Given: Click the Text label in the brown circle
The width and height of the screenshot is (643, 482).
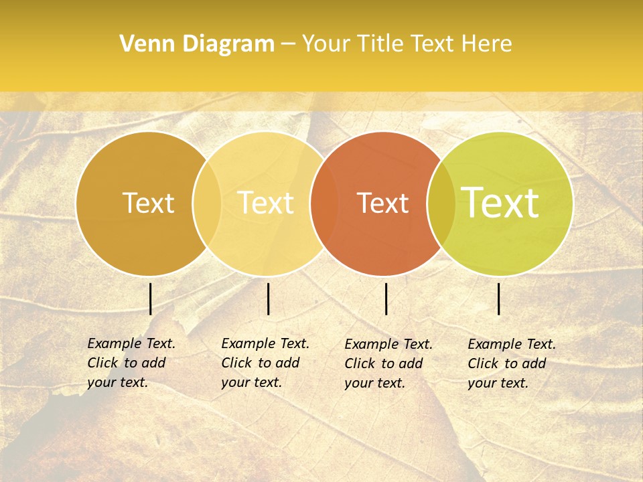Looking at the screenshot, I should [x=148, y=203].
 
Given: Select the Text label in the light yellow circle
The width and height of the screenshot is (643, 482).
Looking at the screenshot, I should [x=266, y=203].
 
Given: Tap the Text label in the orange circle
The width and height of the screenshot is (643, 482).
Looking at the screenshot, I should [x=383, y=203].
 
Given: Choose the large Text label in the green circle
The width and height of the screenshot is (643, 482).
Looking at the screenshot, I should [x=500, y=203].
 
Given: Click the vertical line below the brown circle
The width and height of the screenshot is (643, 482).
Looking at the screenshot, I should [x=151, y=299].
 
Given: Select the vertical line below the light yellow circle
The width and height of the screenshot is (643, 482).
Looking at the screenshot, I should [x=268, y=299].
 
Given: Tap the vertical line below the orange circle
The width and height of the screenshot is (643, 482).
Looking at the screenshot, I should [x=386, y=299].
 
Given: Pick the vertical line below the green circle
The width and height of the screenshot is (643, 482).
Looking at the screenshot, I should [x=499, y=299].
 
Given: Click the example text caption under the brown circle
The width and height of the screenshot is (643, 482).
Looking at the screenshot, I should [x=131, y=363].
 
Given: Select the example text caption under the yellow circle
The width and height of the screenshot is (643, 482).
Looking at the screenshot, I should [x=265, y=363].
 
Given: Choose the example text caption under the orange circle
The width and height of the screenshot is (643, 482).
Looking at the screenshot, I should [x=388, y=364].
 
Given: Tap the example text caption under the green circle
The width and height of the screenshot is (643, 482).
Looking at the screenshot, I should [x=511, y=364].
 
